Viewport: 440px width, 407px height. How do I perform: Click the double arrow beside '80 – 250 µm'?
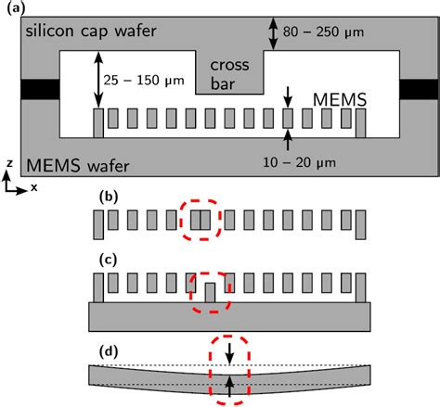pos(272,34)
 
